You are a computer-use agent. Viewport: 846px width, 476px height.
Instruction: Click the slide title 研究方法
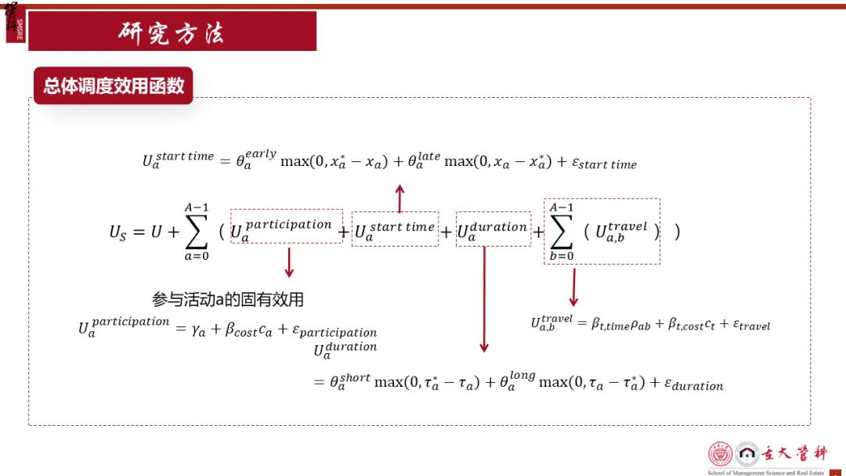point(172,32)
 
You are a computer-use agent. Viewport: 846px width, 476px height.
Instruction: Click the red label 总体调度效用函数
point(114,85)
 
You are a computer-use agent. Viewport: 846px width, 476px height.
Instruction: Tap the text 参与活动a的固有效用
point(228,299)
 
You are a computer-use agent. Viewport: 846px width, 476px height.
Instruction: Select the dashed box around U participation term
point(287,226)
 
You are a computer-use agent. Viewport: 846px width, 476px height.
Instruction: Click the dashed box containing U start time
point(395,229)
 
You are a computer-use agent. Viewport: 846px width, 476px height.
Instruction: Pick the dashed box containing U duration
point(493,229)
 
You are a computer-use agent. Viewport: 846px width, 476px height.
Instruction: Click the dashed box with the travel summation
point(602,231)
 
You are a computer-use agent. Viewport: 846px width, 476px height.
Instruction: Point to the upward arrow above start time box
point(399,199)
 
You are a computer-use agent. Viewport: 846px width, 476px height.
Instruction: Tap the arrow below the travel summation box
point(573,287)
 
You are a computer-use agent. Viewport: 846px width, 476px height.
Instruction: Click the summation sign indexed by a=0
point(196,232)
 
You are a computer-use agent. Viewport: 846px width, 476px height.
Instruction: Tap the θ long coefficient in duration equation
point(517,381)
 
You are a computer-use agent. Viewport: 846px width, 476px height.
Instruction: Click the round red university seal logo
point(720,455)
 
